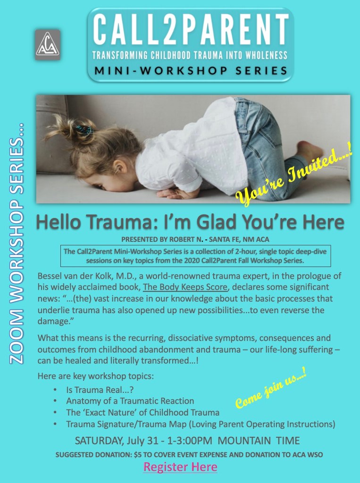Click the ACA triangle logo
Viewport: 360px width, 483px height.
click(48, 45)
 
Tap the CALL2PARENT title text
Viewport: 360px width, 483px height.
click(191, 30)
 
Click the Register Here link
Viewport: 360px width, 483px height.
click(180, 467)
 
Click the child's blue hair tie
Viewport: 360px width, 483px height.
click(84, 130)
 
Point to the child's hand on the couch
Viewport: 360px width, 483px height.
click(174, 193)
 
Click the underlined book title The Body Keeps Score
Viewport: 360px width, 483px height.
click(185, 287)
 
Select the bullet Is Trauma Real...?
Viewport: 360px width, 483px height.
click(100, 390)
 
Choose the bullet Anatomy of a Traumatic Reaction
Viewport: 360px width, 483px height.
click(130, 401)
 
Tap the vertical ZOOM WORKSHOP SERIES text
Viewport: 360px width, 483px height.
click(17, 244)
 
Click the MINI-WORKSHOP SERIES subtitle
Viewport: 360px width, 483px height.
click(191, 71)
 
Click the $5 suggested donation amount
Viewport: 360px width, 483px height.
click(137, 455)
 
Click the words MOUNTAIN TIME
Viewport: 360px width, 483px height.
click(259, 441)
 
